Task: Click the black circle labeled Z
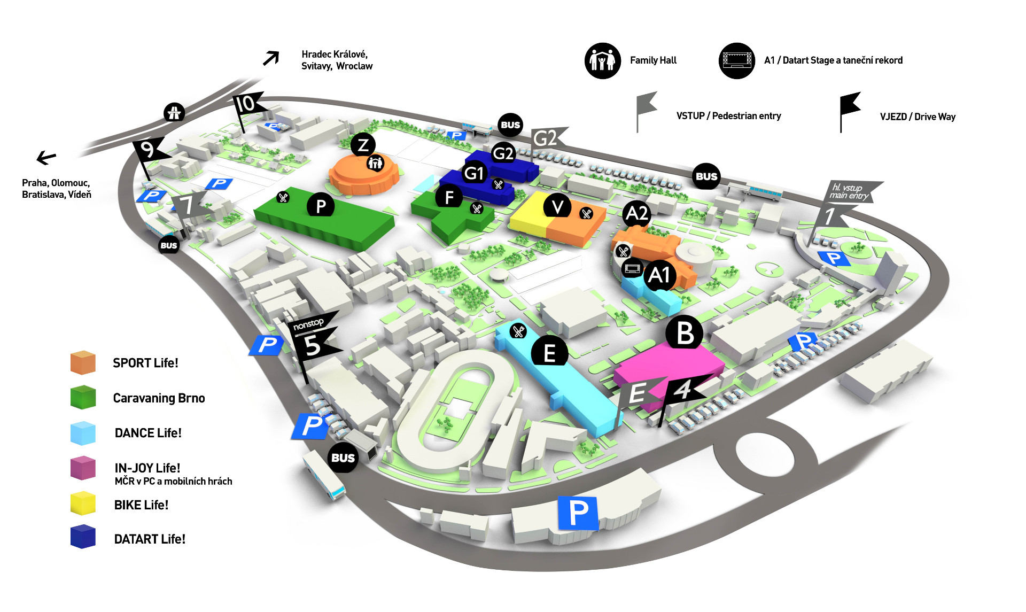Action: click(x=363, y=145)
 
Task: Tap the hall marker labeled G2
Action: click(x=503, y=153)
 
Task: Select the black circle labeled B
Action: click(x=685, y=332)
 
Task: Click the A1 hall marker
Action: click(x=659, y=275)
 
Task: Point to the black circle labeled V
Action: click(x=557, y=206)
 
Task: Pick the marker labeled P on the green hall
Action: click(x=321, y=206)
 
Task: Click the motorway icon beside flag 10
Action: click(x=174, y=112)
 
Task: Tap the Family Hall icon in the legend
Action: click(x=602, y=60)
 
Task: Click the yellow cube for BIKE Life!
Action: click(x=83, y=503)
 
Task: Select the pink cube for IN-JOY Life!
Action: click(x=83, y=468)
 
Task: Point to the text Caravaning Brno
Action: click(x=159, y=398)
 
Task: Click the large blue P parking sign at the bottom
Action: click(x=578, y=513)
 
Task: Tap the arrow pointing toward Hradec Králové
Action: click(x=271, y=58)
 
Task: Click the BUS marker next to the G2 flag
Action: click(x=510, y=125)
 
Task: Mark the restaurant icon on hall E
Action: click(x=518, y=331)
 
